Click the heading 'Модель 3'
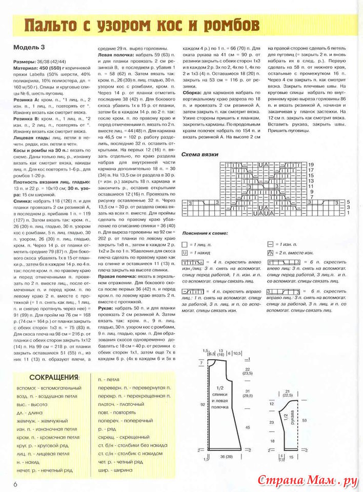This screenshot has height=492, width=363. pos(29,47)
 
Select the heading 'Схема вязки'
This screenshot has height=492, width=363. pos(200,154)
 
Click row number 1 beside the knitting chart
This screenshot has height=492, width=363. pos(348,212)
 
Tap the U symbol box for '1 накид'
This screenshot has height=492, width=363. pos(185,253)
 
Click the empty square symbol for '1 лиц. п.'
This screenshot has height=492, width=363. pos(185,244)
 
